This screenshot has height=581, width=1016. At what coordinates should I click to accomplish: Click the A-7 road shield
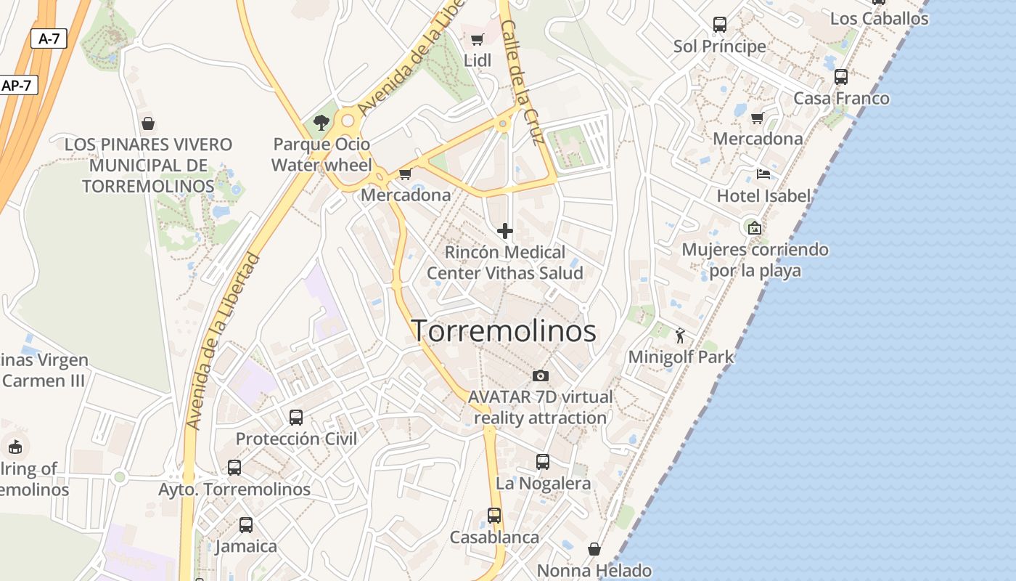[49, 38]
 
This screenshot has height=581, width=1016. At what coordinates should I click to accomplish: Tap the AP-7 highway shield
[17, 85]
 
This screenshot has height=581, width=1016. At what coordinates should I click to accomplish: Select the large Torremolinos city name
[504, 331]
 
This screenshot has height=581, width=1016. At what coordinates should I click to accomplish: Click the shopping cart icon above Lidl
[477, 40]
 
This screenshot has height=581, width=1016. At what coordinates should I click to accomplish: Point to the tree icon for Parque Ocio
[321, 123]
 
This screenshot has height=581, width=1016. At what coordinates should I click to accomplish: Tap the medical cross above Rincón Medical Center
[505, 231]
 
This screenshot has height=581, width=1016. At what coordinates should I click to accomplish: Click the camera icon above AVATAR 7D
[540, 375]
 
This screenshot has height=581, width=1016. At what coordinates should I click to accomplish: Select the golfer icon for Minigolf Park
[680, 336]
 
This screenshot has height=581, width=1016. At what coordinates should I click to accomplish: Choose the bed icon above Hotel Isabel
[763, 174]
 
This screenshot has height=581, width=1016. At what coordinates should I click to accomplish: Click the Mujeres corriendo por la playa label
[755, 260]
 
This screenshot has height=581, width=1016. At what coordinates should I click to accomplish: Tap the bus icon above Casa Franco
[840, 76]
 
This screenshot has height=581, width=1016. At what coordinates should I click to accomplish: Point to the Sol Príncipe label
[719, 46]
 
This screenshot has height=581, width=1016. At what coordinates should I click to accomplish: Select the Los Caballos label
[879, 19]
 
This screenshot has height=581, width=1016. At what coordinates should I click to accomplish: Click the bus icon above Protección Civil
[296, 417]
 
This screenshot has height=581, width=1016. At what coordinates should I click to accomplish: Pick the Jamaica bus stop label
[246, 546]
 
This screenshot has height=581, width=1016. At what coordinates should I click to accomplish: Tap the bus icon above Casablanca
[494, 516]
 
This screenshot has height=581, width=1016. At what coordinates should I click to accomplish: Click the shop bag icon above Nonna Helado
[594, 549]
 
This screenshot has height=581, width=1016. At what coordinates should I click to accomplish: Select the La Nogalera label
[543, 483]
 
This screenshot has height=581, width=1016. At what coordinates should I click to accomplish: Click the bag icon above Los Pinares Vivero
[148, 123]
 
